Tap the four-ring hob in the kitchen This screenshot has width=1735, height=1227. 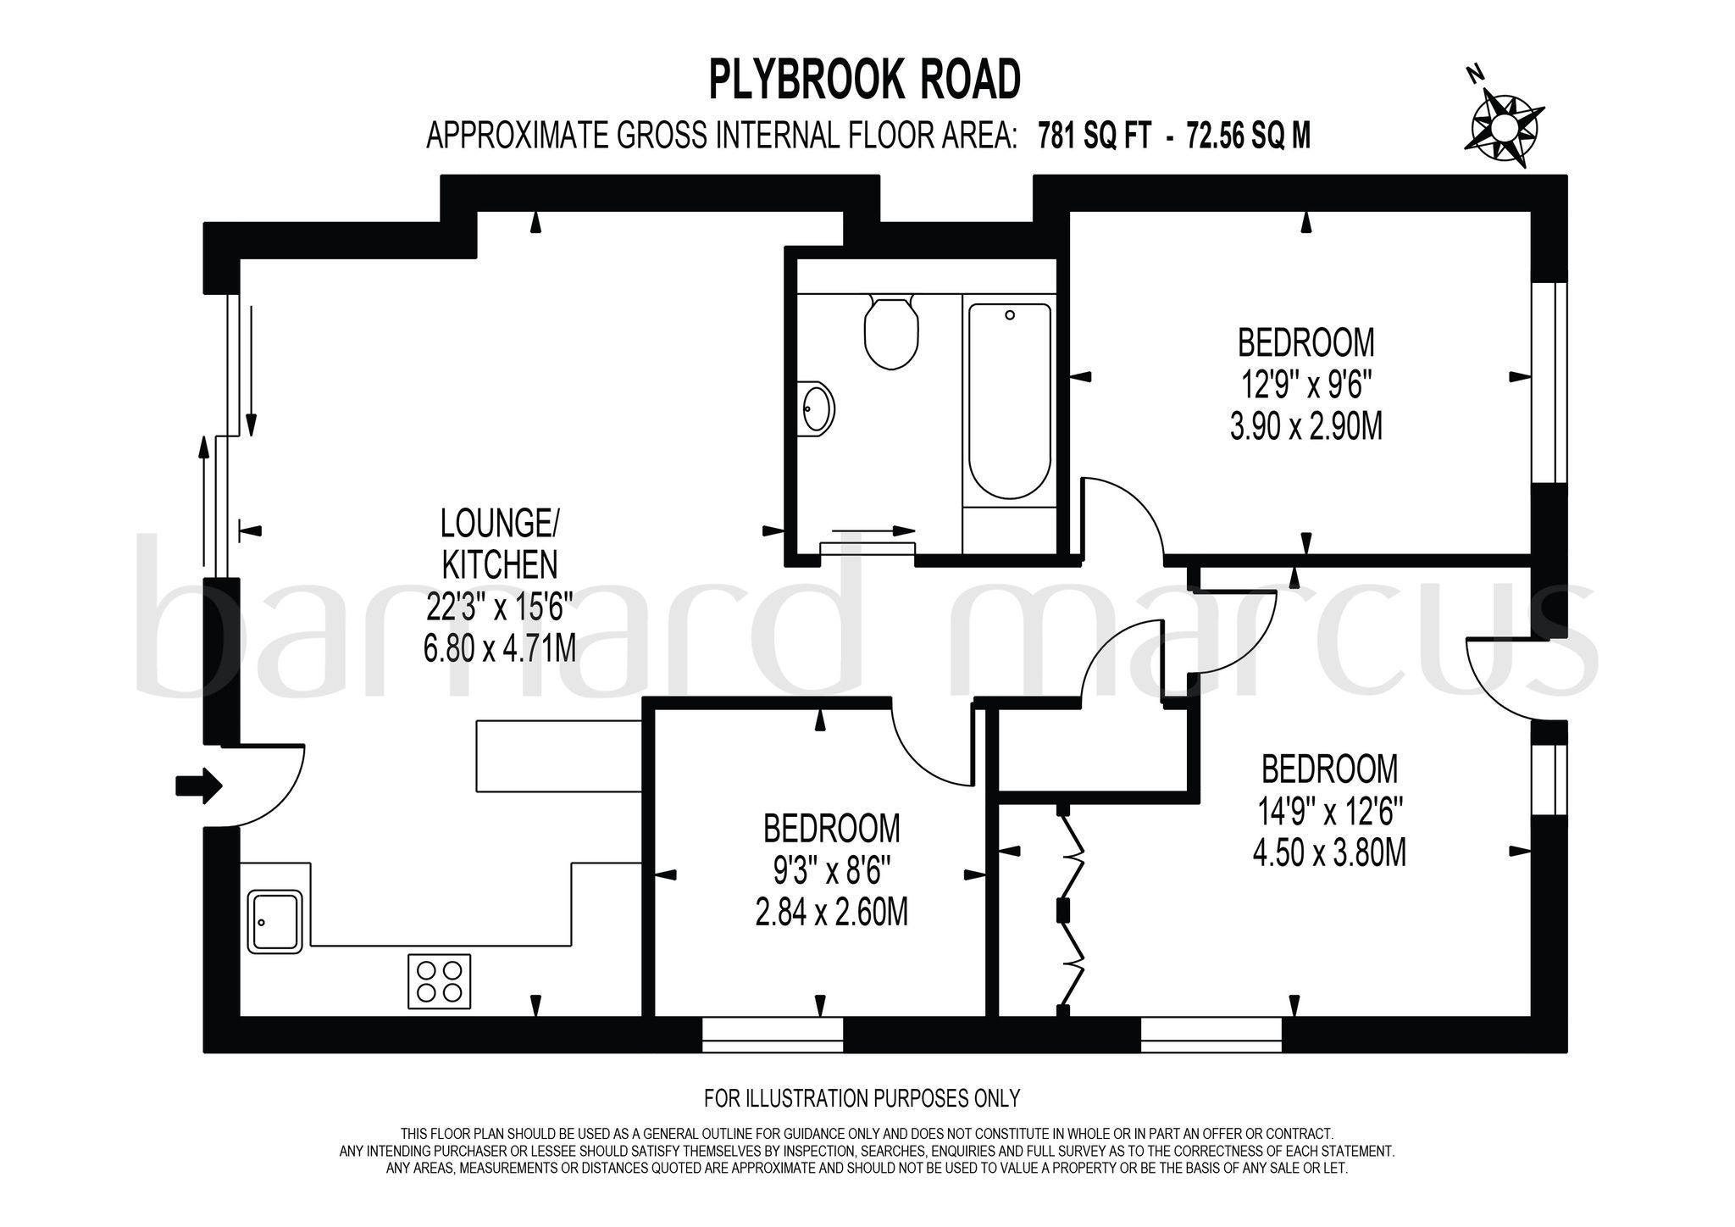click(x=439, y=981)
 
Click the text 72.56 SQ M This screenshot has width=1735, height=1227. click(x=1249, y=136)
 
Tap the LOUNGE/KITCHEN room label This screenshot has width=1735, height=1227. click(x=499, y=543)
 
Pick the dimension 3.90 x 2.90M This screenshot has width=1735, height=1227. click(x=1305, y=426)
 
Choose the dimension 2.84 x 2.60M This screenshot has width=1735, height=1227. click(x=831, y=913)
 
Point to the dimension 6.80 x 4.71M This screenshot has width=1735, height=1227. click(x=499, y=648)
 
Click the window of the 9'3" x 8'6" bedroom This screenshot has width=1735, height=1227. click(x=773, y=1034)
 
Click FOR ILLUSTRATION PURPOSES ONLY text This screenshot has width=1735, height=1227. click(x=862, y=1099)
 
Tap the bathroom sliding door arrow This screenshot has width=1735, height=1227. click(x=873, y=530)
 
